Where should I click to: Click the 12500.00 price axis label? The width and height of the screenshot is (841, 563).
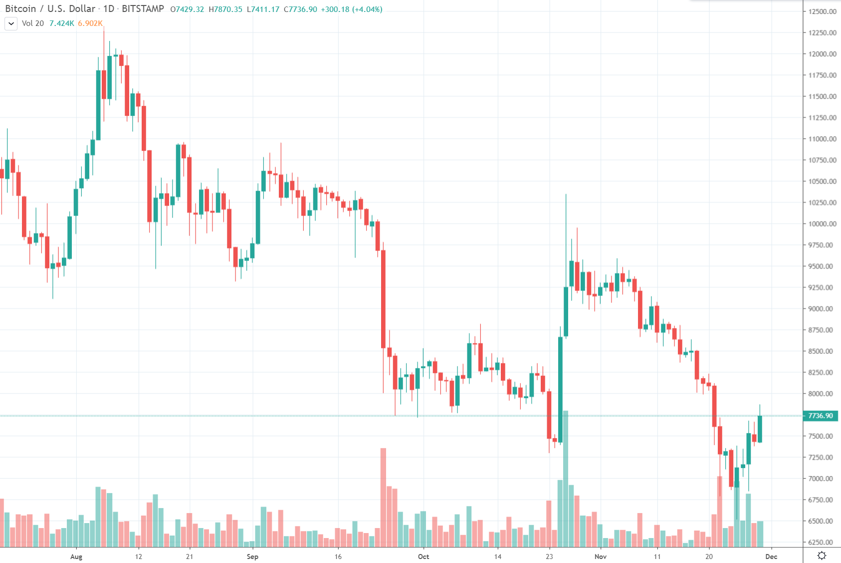pyautogui.click(x=822, y=11)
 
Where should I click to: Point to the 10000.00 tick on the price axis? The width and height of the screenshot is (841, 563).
pyautogui.click(x=822, y=224)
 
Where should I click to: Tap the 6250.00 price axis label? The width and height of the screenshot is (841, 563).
pyautogui.click(x=822, y=542)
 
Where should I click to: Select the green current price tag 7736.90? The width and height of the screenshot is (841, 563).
pyautogui.click(x=821, y=416)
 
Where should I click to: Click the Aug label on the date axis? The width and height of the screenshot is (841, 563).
pyautogui.click(x=76, y=557)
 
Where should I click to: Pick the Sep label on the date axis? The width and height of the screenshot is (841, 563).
pyautogui.click(x=252, y=557)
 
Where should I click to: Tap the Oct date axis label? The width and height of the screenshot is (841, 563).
pyautogui.click(x=423, y=557)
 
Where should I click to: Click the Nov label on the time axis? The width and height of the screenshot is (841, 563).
pyautogui.click(x=601, y=557)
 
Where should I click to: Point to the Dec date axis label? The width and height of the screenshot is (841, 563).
pyautogui.click(x=771, y=557)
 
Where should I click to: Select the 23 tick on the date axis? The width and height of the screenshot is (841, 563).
pyautogui.click(x=549, y=557)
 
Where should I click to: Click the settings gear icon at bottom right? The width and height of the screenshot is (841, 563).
pyautogui.click(x=822, y=556)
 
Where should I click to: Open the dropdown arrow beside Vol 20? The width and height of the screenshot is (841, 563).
pyautogui.click(x=11, y=23)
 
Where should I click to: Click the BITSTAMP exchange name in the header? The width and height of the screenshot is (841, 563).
pyautogui.click(x=143, y=9)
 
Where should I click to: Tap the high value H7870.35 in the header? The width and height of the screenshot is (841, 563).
pyautogui.click(x=225, y=9)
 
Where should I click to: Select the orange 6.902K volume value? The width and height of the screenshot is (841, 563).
pyautogui.click(x=90, y=23)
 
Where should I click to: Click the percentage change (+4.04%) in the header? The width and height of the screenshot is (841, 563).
pyautogui.click(x=367, y=9)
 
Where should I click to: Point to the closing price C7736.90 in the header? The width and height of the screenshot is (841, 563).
pyautogui.click(x=300, y=9)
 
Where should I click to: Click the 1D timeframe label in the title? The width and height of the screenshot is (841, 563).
pyautogui.click(x=109, y=9)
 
